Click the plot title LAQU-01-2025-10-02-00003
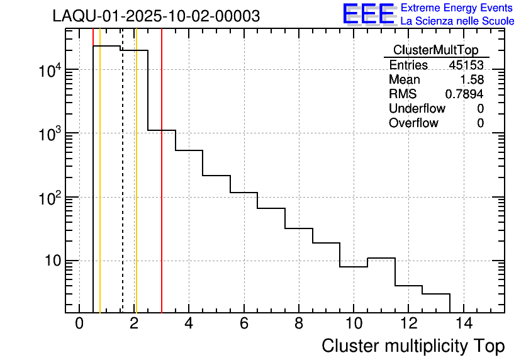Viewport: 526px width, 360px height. (x=156, y=16)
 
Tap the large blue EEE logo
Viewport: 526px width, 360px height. (x=368, y=14)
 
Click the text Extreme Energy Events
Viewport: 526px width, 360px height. (x=457, y=8)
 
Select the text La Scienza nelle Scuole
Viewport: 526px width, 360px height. (x=457, y=21)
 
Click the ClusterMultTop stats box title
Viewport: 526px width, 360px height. (x=435, y=50)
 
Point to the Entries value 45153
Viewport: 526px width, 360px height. (x=466, y=65)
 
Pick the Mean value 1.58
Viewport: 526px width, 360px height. (x=472, y=80)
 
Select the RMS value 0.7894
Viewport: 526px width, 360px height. (x=464, y=94)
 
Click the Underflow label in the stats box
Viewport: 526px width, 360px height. (x=417, y=109)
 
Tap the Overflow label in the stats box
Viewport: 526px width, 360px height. (x=413, y=123)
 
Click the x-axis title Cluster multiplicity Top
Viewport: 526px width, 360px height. (x=413, y=346)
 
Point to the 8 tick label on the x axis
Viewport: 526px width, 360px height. (x=299, y=324)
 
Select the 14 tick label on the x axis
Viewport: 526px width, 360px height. (x=463, y=324)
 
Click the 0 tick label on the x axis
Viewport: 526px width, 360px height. (x=79, y=324)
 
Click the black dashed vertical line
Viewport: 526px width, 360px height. (x=122, y=189)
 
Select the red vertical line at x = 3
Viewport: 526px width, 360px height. (x=162, y=189)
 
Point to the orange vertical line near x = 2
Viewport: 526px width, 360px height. (x=136, y=189)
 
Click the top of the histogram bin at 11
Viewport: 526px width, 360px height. (x=381, y=258)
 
